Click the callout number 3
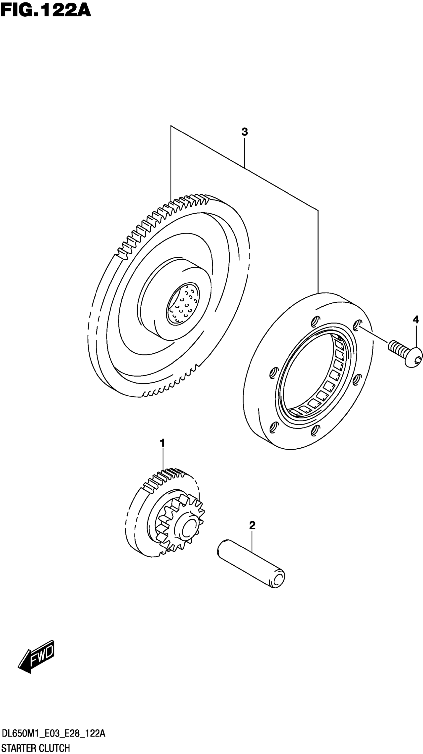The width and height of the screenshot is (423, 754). click(244, 132)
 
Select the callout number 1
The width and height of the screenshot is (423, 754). click(162, 443)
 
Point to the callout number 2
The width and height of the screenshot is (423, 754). click(252, 525)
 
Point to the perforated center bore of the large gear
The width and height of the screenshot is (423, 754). click(183, 304)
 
